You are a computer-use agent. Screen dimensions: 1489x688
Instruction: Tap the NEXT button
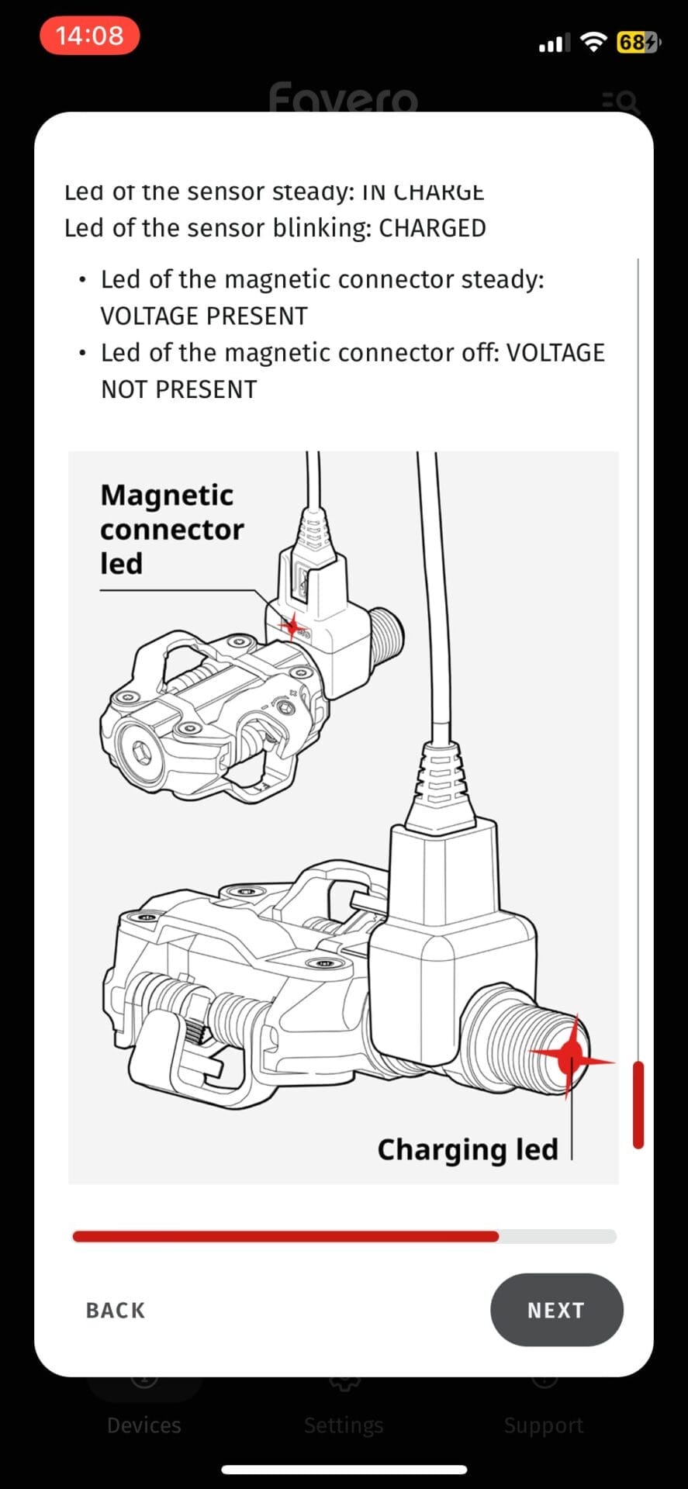(556, 1310)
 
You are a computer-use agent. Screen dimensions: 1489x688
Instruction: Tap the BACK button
(116, 1310)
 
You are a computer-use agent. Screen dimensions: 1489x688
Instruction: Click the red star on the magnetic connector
(292, 625)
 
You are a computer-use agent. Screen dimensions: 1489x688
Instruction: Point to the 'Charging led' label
(468, 1149)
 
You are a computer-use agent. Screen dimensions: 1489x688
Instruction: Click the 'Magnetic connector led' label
(171, 529)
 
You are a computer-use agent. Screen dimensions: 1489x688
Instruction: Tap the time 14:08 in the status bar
(89, 36)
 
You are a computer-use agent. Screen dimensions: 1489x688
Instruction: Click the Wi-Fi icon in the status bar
(593, 42)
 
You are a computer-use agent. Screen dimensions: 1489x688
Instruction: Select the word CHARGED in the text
(432, 228)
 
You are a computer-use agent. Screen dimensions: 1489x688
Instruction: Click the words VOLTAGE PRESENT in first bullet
(204, 316)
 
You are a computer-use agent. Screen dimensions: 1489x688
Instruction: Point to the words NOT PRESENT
(179, 389)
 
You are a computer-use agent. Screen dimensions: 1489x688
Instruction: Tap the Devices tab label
(144, 1425)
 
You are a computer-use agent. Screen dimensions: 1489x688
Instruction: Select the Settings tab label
(344, 1425)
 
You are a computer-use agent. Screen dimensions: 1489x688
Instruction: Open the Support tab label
(543, 1425)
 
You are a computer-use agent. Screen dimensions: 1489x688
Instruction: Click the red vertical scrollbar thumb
(638, 1104)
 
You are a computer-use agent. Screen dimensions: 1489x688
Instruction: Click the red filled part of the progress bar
(285, 1236)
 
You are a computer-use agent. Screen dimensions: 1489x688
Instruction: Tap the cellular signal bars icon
(554, 43)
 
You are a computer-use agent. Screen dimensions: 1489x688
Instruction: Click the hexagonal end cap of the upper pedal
(140, 751)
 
